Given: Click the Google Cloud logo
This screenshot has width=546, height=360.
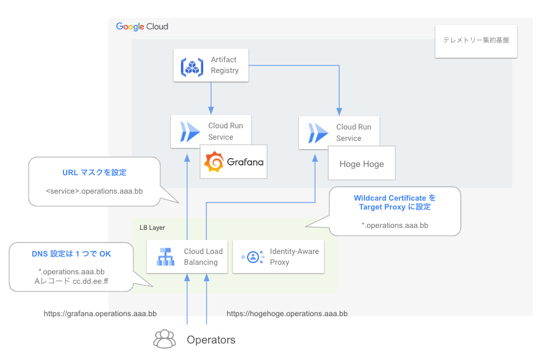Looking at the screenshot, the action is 142,27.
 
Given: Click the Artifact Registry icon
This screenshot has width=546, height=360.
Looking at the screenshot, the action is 192,67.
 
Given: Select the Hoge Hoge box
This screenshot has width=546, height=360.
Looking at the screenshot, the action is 362,163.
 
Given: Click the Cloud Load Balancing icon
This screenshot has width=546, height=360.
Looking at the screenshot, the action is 166,257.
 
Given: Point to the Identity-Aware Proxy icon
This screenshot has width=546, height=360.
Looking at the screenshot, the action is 253,257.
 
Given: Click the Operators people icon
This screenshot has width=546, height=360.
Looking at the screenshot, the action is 164,339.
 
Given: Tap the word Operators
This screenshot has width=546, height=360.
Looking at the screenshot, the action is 211,340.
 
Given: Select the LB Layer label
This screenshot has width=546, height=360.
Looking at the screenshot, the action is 152,228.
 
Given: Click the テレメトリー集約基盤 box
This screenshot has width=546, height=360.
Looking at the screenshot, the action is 476,41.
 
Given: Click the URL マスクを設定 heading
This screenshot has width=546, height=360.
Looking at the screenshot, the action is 95,172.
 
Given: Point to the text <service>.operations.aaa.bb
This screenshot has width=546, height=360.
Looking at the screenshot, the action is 95,191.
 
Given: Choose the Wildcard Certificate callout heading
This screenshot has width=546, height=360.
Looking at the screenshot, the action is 395,203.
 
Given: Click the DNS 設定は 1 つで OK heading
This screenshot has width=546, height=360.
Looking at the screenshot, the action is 71,254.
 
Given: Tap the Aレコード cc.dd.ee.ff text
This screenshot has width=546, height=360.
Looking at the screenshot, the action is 71,281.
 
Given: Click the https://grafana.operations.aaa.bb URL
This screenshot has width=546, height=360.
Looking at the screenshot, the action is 100,314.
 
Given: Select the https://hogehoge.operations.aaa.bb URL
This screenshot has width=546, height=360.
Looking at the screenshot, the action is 287,314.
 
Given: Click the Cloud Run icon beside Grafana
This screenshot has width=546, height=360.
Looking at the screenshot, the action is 190,132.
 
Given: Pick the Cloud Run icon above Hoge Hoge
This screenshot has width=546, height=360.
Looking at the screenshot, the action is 318,133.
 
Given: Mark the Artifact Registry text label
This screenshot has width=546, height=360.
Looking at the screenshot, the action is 225,65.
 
